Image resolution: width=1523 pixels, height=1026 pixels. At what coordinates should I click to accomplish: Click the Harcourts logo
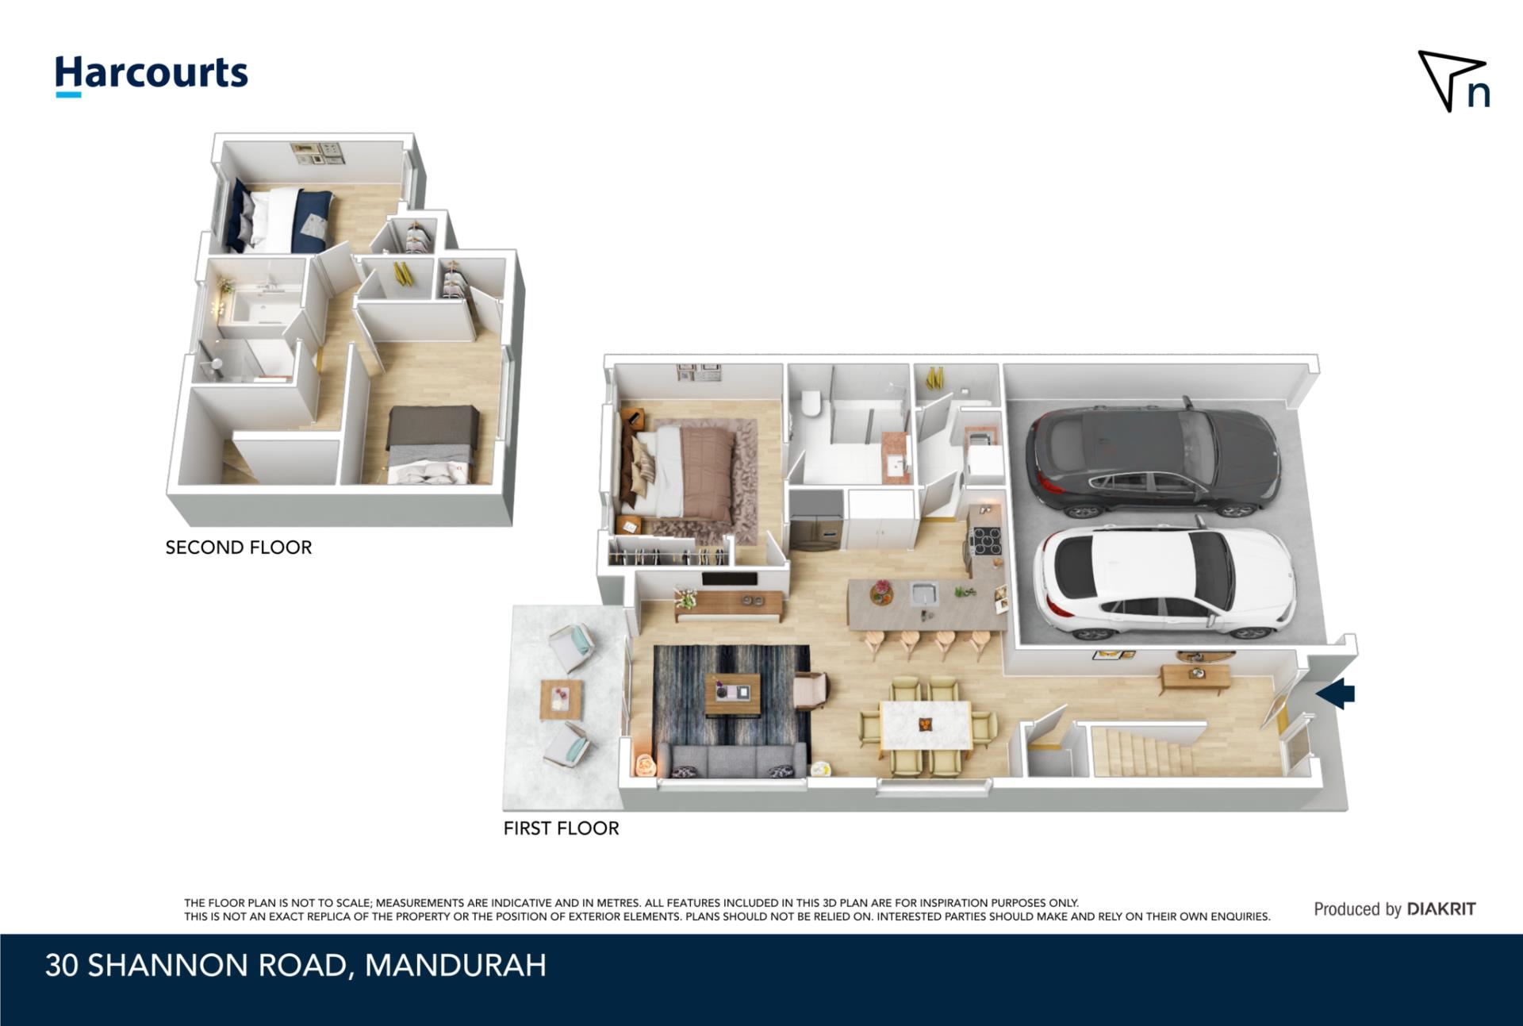(152, 75)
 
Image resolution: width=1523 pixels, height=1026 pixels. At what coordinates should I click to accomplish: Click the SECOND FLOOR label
(239, 548)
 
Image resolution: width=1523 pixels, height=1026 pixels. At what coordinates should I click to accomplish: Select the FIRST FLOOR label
(561, 828)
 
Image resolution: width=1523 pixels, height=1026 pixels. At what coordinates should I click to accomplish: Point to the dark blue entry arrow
(1336, 693)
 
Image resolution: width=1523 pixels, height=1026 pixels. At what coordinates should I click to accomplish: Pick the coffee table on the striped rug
(732, 694)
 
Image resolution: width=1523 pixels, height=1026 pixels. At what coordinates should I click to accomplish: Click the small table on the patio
(561, 699)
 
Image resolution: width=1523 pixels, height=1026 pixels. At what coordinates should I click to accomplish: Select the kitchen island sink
(924, 593)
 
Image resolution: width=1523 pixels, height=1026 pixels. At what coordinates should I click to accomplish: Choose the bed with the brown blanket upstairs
(432, 444)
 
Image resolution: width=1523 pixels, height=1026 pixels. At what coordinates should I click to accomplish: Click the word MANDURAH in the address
(455, 966)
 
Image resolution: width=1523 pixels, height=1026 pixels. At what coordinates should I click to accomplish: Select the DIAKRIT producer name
(1441, 909)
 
